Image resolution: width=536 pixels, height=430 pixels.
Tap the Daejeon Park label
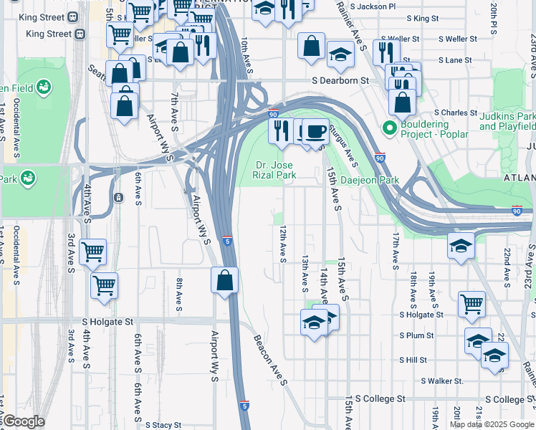point(369,181)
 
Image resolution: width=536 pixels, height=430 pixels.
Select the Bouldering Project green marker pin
point(390,129)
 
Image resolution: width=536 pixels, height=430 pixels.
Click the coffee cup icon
point(315,132)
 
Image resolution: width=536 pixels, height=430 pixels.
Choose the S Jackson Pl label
point(371,6)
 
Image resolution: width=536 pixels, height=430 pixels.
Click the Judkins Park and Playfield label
point(507,121)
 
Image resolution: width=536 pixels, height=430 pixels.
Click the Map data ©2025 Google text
point(491,424)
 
